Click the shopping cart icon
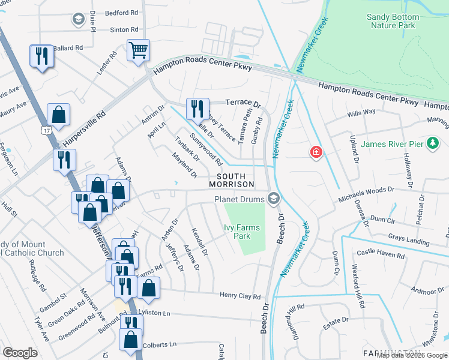(138, 50)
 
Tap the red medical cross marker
(315, 152)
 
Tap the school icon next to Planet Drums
(274, 199)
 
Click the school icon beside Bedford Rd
(77, 20)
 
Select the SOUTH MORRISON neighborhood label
(232, 179)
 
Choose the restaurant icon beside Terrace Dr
(197, 109)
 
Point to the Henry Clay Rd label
(240, 296)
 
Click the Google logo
(20, 353)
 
